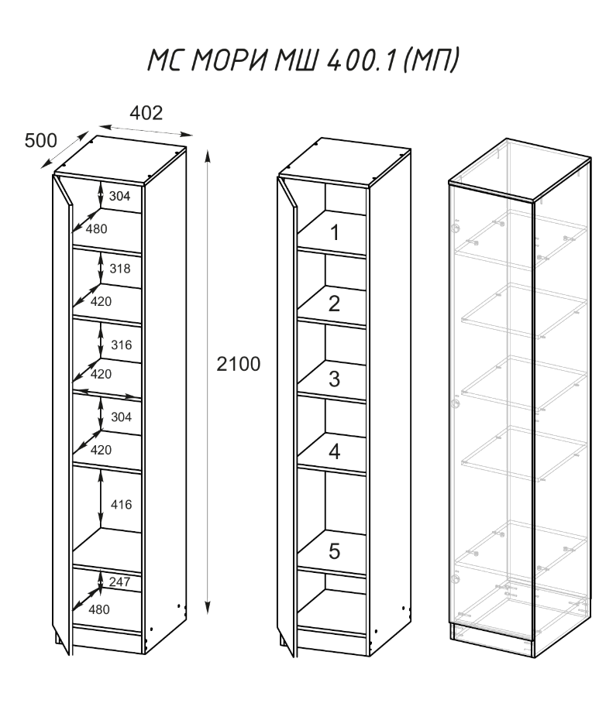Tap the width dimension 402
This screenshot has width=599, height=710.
pyautogui.click(x=146, y=113)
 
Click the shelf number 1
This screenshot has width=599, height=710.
pyautogui.click(x=334, y=232)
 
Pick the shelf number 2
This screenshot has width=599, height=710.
pyautogui.click(x=334, y=304)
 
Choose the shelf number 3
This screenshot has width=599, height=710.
pyautogui.click(x=334, y=379)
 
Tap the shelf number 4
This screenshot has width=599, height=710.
pyautogui.click(x=334, y=452)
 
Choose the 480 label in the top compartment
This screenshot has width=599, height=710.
pyautogui.click(x=96, y=228)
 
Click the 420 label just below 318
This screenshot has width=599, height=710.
pyautogui.click(x=99, y=301)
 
